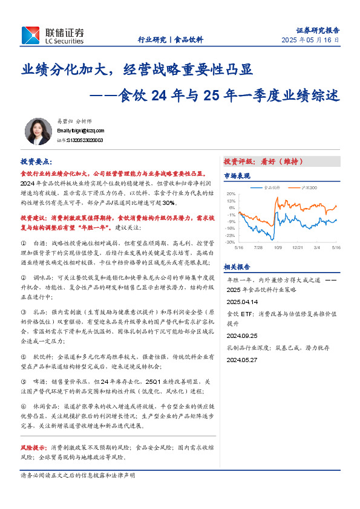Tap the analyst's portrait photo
click(x=38, y=131)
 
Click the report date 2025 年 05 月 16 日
click(x=310, y=40)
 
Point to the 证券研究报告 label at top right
click(x=318, y=29)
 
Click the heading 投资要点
click(x=36, y=163)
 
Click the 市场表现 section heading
click(x=237, y=175)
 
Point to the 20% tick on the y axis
click(x=231, y=194)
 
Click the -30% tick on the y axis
click(x=231, y=242)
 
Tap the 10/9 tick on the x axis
click(x=278, y=247)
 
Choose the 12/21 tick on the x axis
click(x=297, y=247)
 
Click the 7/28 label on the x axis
click(x=258, y=247)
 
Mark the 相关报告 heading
click(x=237, y=266)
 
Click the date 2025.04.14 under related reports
click(x=242, y=300)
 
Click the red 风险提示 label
click(x=34, y=448)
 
